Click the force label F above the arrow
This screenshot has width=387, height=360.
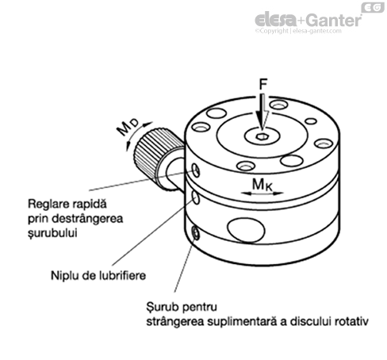[x=263, y=84]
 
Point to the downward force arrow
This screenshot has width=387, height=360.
[x=263, y=112]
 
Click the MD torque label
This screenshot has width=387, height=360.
[x=128, y=127]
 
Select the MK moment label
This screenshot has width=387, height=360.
[x=262, y=185]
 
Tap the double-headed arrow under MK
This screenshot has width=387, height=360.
[x=262, y=193]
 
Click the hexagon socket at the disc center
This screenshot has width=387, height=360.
[x=262, y=136]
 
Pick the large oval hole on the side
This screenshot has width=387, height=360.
[x=246, y=230]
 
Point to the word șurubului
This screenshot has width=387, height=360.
[x=52, y=233]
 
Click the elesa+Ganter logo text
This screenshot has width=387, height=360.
[x=308, y=20]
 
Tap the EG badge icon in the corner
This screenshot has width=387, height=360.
[x=373, y=7]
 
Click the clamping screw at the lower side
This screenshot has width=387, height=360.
[x=196, y=233]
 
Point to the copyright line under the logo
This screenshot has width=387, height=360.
[x=298, y=31]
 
